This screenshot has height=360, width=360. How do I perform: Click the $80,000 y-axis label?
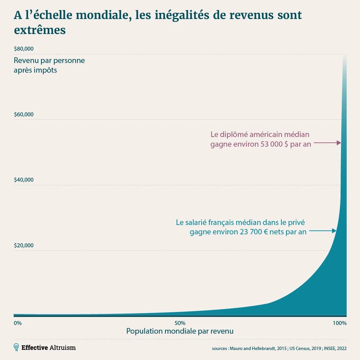pos(24,49)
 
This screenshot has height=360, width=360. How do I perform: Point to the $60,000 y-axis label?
pos(24,114)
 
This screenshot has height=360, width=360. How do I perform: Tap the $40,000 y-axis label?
pos(24,180)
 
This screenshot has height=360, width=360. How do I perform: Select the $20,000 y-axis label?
pos(24,245)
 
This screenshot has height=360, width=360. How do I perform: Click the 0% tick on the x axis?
pos(18,323)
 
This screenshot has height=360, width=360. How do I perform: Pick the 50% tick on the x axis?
pos(180,323)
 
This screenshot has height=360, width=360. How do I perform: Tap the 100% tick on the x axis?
pos(340,323)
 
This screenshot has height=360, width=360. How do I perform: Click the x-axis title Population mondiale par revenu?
pos(180,331)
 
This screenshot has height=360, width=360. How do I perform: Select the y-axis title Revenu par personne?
pos(49,61)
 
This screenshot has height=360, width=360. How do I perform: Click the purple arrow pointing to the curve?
pos(327,143)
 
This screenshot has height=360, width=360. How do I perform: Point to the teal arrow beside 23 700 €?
pos(322,231)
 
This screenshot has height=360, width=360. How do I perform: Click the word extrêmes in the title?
pos(40,30)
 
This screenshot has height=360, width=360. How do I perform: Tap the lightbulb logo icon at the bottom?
pos(16,347)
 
